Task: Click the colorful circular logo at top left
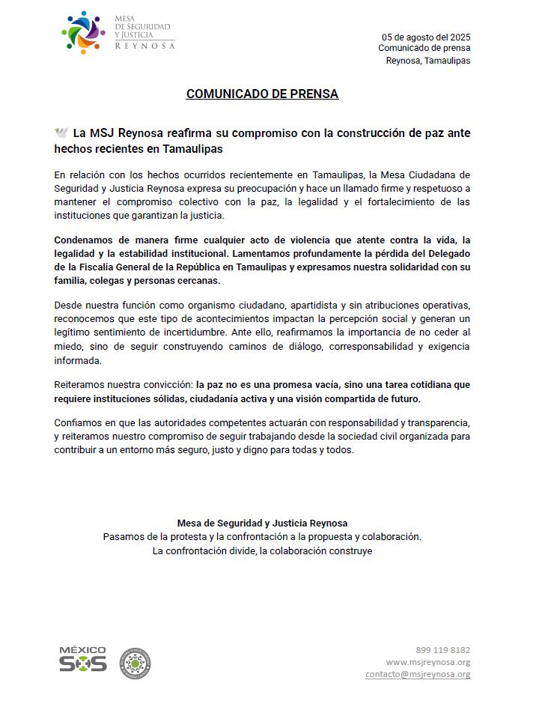coord(83,34)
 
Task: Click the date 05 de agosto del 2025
coord(426,37)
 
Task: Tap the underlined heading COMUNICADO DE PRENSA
coord(262,94)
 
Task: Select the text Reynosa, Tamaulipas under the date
coord(428,61)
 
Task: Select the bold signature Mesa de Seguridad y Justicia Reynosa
coord(262,524)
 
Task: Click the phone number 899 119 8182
coord(443,650)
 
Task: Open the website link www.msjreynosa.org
coord(428,662)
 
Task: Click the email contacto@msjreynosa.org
coord(418,674)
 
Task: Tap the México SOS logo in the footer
coord(82,659)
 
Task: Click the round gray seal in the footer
coord(135,663)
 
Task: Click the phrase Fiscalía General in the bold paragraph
coord(124,267)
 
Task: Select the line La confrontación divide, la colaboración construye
coord(262,550)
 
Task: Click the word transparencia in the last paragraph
coord(436,422)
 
